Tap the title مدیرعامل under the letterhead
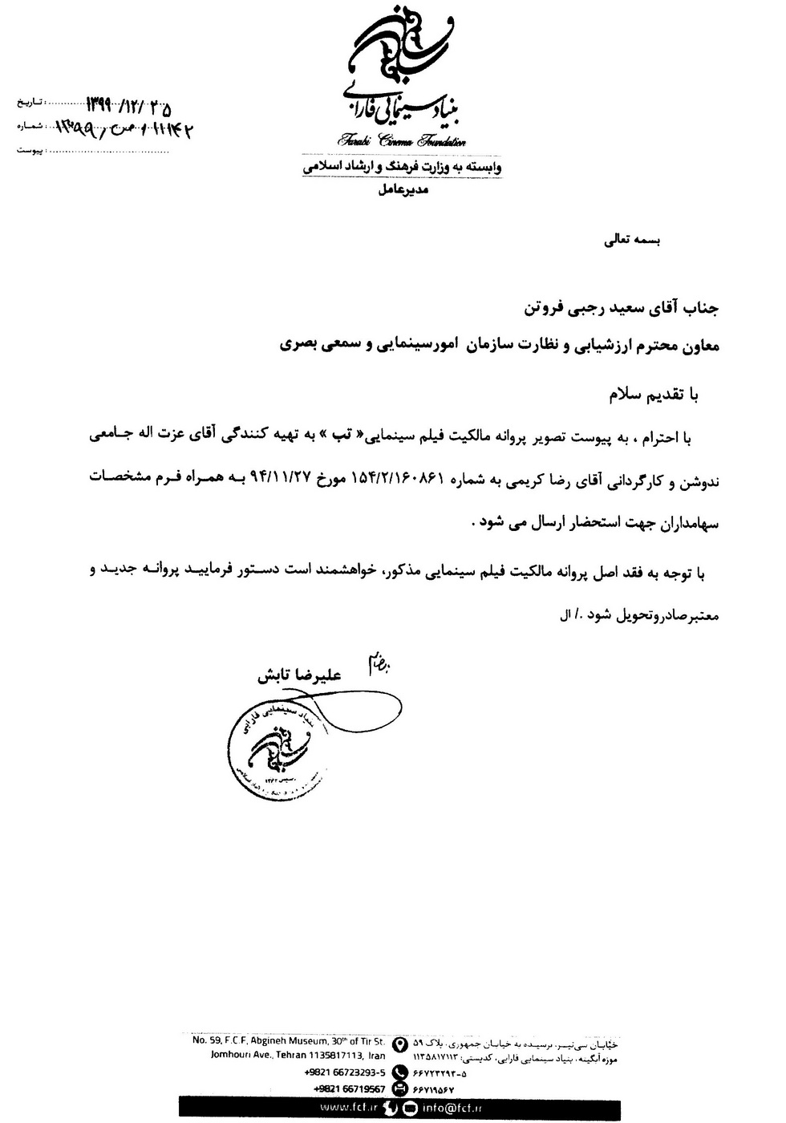point(403,190)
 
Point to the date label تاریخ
point(29,104)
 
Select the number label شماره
point(29,127)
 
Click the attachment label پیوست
point(29,150)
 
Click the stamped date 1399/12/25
point(128,106)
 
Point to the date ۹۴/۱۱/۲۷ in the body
point(281,480)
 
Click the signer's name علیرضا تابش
point(299,676)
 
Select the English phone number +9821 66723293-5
point(345,1072)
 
